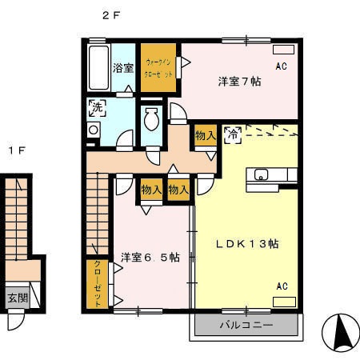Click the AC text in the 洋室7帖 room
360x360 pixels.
pos(281,66)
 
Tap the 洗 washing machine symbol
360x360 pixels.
pos(95,106)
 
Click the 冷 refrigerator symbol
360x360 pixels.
pos(234,134)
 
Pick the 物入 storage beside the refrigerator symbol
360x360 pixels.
pos(205,137)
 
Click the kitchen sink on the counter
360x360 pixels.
pos(261,175)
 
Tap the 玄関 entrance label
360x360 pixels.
pos(16,298)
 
